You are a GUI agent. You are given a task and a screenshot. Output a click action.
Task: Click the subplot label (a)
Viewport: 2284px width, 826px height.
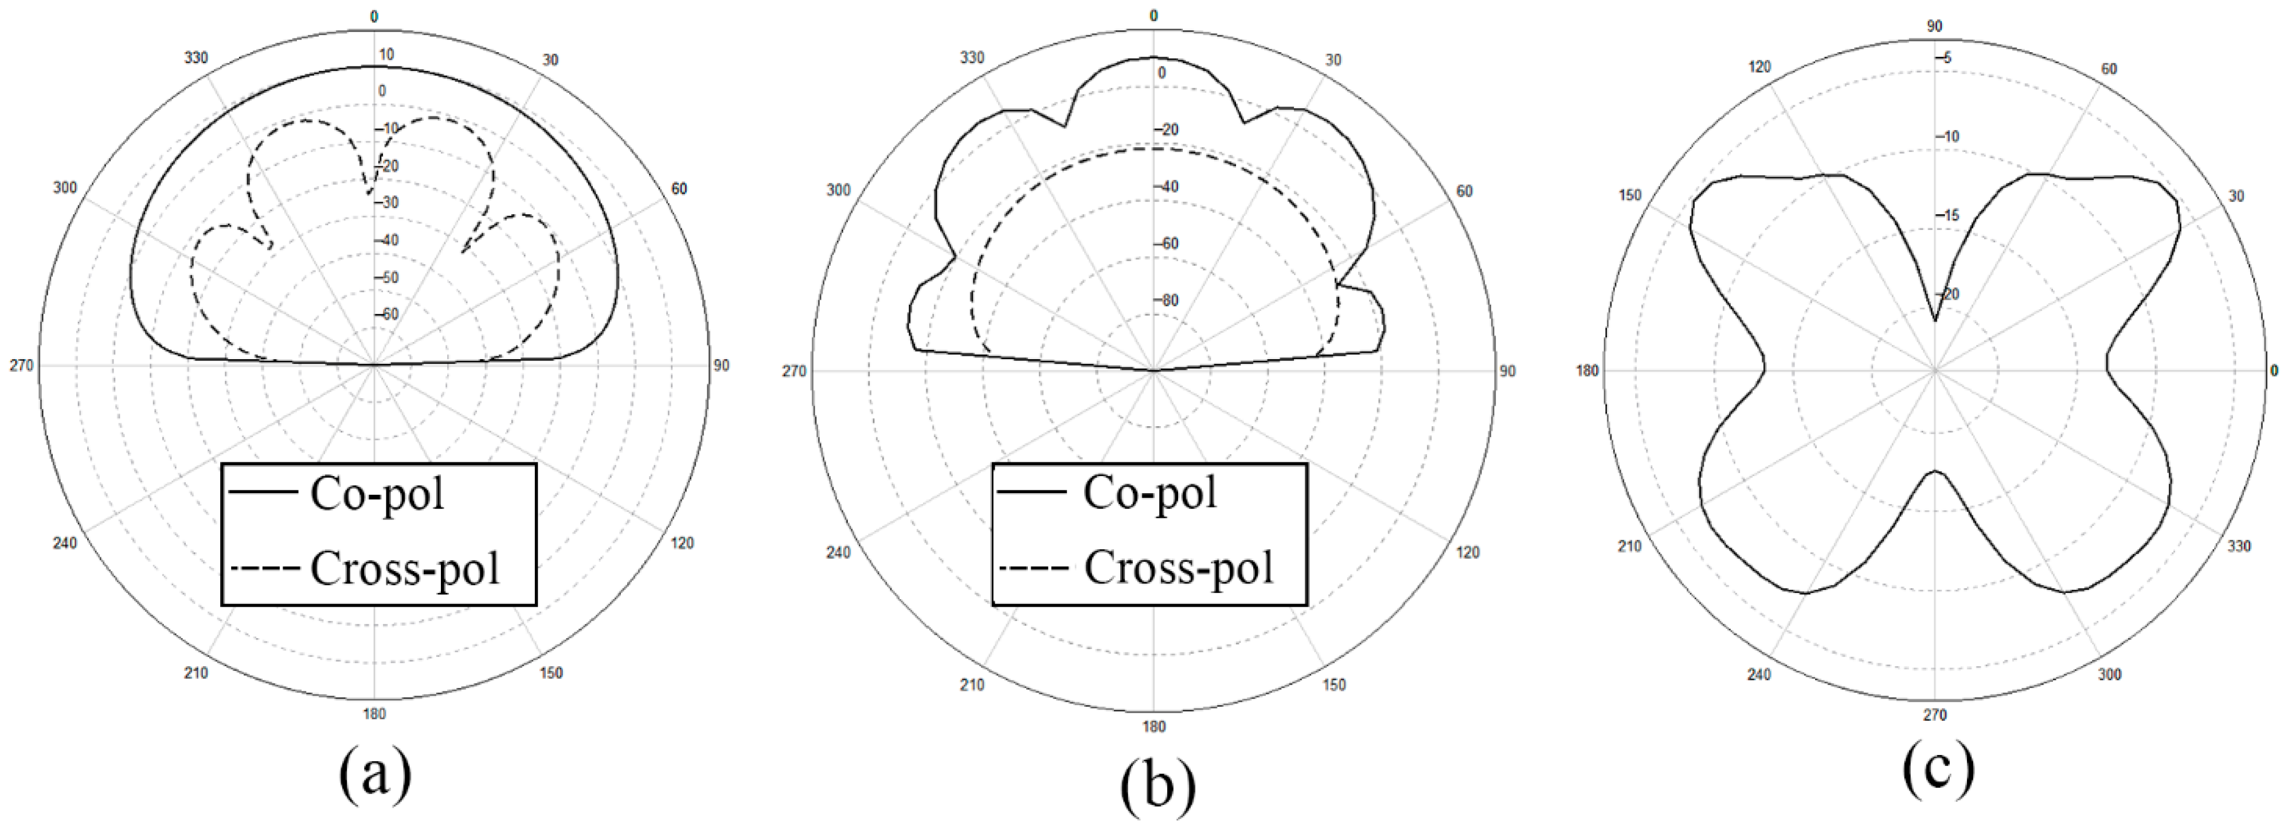pyautogui.click(x=375, y=773)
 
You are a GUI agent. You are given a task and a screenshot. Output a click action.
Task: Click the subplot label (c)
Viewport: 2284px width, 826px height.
pyautogui.click(x=1938, y=768)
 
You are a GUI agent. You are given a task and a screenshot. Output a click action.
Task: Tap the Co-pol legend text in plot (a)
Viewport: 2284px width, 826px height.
pyautogui.click(x=377, y=494)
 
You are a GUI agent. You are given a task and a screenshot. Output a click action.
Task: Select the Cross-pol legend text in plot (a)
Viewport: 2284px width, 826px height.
pyautogui.click(x=404, y=568)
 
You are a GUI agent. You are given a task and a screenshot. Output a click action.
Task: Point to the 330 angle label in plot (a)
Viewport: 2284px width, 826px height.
pyautogui.click(x=196, y=58)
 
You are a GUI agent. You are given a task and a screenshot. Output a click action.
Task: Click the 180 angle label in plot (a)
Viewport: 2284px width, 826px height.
pyautogui.click(x=374, y=714)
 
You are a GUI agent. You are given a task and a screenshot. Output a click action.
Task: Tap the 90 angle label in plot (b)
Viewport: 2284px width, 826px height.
pyautogui.click(x=1507, y=371)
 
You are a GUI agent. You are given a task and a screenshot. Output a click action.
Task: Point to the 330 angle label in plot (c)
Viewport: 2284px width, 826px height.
pyautogui.click(x=2239, y=546)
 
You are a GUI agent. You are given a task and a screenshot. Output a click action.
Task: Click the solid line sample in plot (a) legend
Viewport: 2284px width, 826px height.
pyautogui.click(x=263, y=492)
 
